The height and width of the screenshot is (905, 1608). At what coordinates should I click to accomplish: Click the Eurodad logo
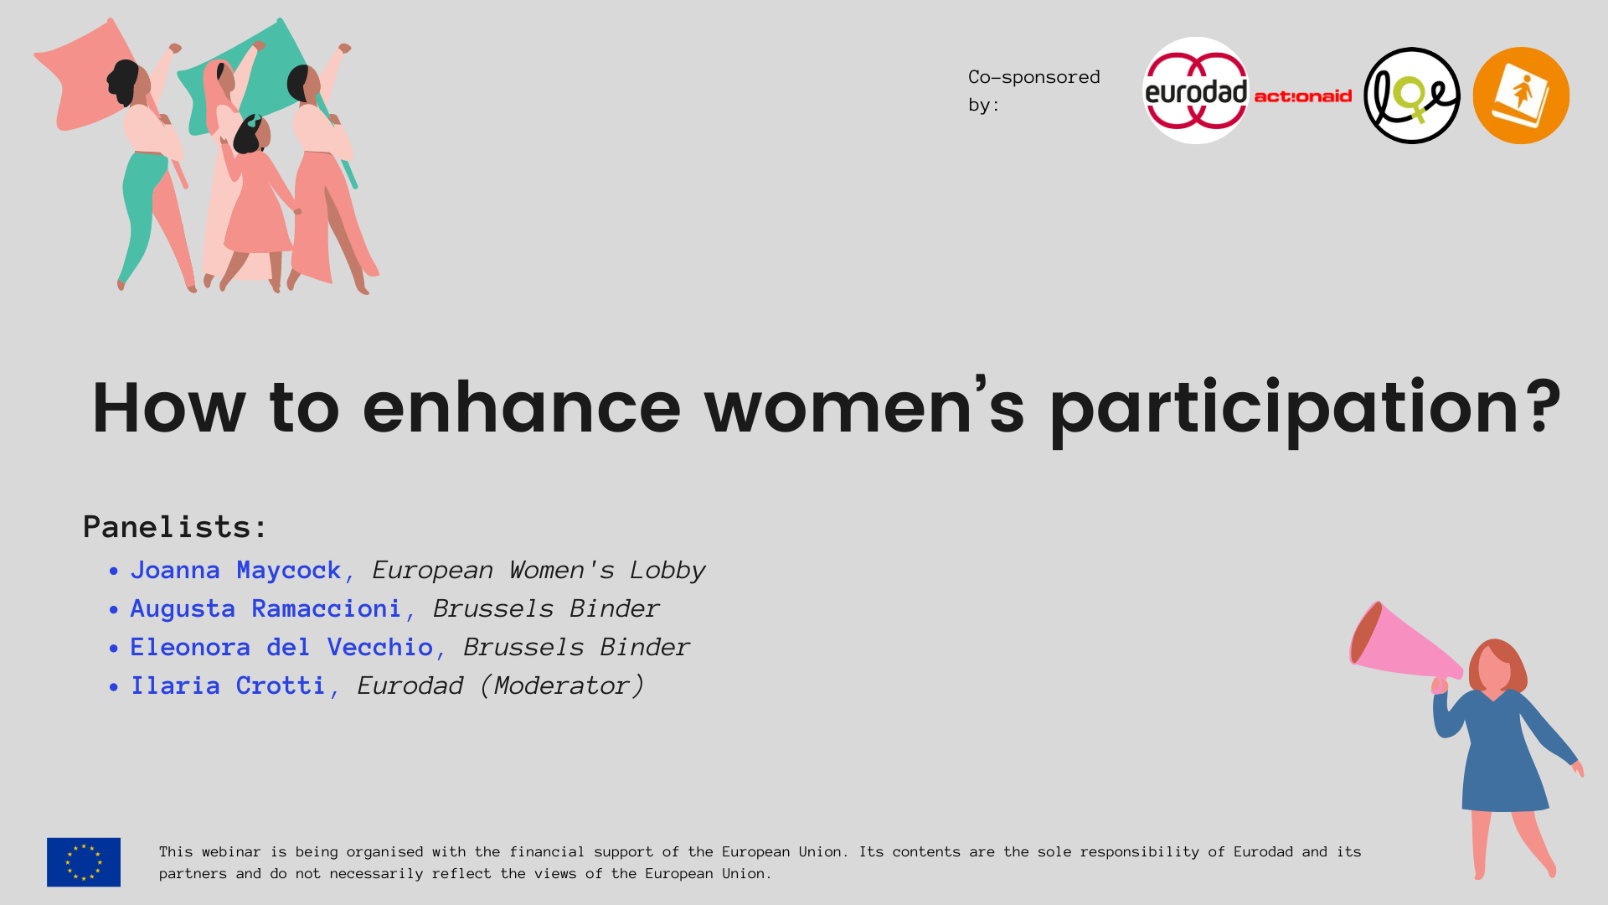coord(1196,90)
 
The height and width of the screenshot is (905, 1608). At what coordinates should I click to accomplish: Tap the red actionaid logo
coord(1303,96)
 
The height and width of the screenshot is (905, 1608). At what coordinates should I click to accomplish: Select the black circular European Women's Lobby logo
coord(1412,96)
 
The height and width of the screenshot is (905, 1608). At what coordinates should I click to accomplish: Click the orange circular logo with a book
coord(1521,96)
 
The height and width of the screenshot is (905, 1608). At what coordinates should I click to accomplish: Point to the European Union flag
coord(84,862)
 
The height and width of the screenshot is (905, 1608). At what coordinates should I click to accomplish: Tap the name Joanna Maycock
coord(236,571)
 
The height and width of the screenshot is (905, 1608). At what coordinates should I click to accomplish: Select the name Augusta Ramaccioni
coord(266,609)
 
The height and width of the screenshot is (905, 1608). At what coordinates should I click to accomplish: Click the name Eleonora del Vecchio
coord(281,648)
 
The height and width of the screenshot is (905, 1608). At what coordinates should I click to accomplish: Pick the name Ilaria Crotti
coord(228,686)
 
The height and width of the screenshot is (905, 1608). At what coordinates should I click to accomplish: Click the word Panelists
coord(175,527)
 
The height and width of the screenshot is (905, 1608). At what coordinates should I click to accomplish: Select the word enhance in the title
coord(522,407)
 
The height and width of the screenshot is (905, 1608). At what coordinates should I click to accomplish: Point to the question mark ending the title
coord(1544,406)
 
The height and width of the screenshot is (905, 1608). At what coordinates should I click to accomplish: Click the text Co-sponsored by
coord(1034,90)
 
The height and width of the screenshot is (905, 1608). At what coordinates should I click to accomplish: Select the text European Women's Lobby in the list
coord(539,571)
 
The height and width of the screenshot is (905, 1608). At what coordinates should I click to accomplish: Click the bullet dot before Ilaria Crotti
coord(114,687)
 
